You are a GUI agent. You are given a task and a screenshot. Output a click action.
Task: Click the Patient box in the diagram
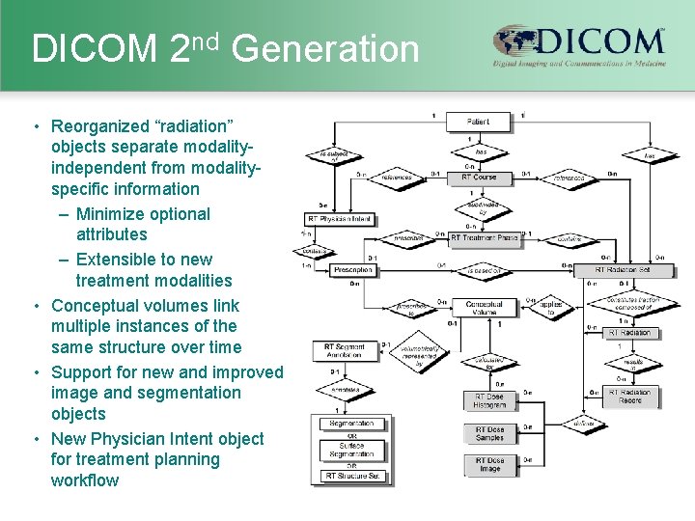pos(479,123)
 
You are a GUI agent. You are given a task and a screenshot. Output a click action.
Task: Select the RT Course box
pos(479,178)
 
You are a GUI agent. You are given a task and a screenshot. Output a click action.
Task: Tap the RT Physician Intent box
pos(339,219)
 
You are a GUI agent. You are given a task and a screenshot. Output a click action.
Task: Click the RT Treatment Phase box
pos(485,237)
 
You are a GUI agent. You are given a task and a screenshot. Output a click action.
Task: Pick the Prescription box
pos(352,270)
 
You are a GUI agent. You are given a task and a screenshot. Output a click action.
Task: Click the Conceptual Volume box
pos(484,309)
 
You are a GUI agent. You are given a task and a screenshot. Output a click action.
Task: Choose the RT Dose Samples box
pos(489,434)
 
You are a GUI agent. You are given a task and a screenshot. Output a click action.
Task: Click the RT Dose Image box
pos(489,465)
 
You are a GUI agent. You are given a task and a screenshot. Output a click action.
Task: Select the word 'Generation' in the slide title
pos(326,48)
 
